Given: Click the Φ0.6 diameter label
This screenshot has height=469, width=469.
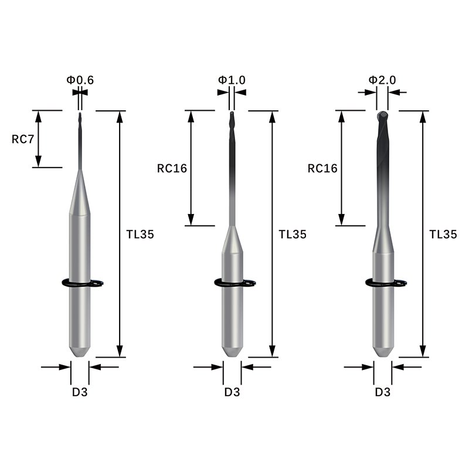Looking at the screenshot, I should [81, 79].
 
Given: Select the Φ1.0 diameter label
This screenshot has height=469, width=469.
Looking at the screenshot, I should [232, 79].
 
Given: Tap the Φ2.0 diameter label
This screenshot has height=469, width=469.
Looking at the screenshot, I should [382, 79].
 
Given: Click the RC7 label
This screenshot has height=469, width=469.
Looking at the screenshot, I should [22, 139].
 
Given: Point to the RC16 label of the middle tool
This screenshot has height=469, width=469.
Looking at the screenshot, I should [172, 168].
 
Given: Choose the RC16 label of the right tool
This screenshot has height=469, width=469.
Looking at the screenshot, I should [322, 168].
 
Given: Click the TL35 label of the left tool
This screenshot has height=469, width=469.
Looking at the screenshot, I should [140, 234].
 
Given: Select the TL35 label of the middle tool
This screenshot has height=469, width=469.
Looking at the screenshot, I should [292, 234].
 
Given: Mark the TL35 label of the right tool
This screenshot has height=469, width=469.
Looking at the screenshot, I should [443, 234].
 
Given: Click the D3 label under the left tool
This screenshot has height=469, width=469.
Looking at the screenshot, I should [80, 392].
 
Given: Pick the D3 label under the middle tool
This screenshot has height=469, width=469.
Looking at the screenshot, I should [232, 392].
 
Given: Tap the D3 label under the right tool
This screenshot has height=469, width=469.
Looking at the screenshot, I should [382, 392].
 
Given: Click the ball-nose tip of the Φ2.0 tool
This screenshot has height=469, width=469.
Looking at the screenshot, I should [382, 115].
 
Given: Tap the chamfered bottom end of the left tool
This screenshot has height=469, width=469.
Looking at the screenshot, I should [80, 351].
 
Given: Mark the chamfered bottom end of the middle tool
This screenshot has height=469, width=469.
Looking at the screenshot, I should [232, 351].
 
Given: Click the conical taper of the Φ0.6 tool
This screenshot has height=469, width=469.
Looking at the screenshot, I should [80, 193].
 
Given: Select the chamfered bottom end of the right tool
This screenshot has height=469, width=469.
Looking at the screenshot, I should [383, 351].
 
